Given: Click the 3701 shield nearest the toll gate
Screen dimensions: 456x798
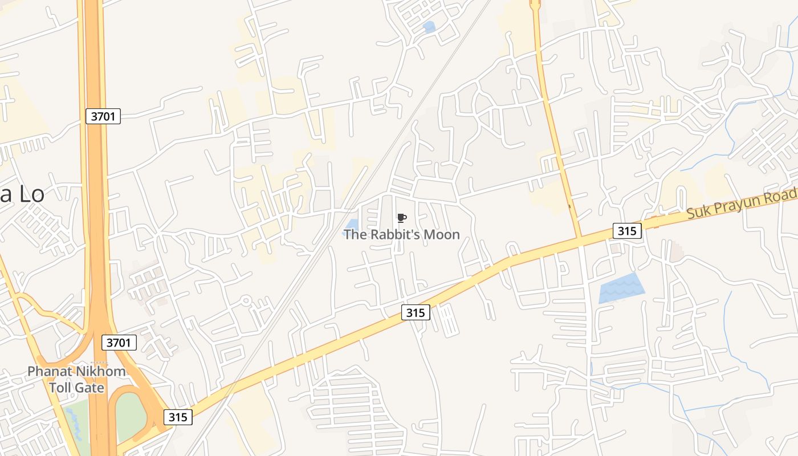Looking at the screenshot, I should point(119,343).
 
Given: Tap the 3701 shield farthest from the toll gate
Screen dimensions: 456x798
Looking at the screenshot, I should point(103,117).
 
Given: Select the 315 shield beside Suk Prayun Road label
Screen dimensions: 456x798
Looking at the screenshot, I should point(628,231).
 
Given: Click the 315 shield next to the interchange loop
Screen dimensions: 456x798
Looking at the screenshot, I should point(178,417).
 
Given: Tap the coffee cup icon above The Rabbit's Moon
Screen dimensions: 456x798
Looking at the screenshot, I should point(401,218).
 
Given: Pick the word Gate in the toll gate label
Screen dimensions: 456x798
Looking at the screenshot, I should point(91,388).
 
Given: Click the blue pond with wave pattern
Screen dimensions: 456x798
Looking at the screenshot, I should point(622,288).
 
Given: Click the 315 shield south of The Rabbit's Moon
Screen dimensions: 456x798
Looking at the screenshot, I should point(416,312).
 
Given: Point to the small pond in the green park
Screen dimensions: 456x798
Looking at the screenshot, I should point(74,425).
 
